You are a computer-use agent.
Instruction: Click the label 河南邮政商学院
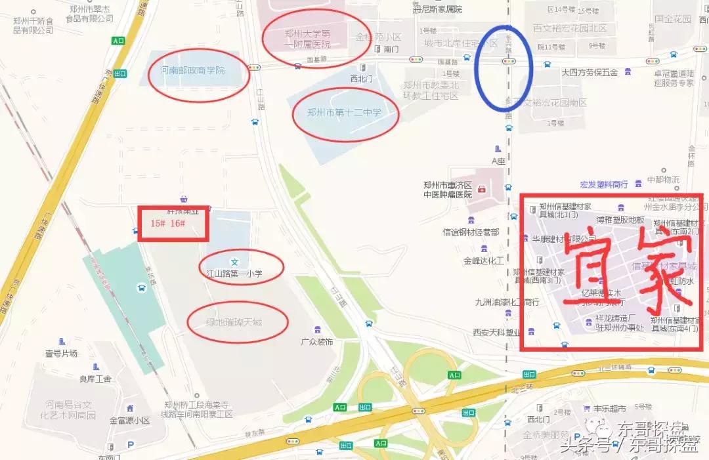tap(192, 71)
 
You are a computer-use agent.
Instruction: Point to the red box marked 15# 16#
tap(173, 223)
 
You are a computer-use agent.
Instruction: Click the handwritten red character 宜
tap(590, 262)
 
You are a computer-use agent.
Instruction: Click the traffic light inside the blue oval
tap(507, 62)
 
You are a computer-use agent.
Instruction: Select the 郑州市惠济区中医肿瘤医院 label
tap(448, 190)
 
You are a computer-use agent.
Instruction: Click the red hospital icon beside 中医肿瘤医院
tap(483, 190)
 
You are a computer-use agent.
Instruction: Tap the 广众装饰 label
tap(317, 342)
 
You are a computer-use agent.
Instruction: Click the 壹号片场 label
tap(61, 353)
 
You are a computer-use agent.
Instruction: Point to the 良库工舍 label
tap(96, 379)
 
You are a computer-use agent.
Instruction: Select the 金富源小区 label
tap(129, 421)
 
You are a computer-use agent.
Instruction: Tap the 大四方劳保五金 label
tap(589, 72)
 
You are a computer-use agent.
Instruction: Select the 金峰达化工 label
tap(484, 261)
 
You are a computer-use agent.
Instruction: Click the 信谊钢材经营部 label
tap(471, 232)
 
